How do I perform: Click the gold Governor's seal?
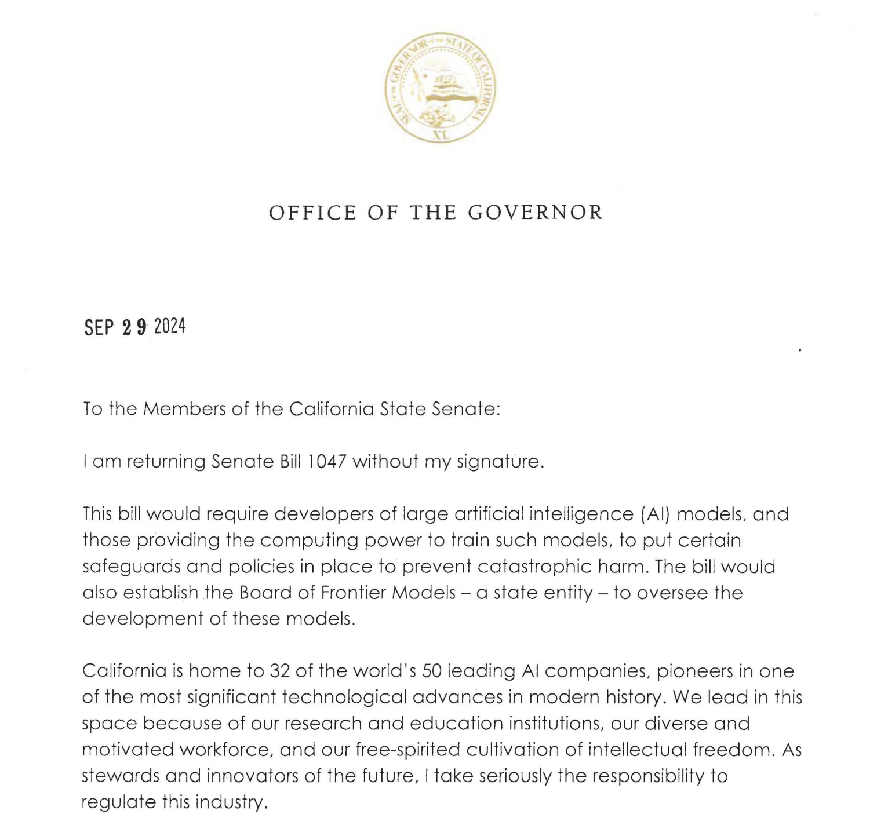tap(441, 87)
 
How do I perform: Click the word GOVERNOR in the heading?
tap(536, 213)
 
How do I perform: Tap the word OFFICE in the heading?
tap(313, 213)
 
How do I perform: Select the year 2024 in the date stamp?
tap(170, 327)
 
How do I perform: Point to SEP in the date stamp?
tap(99, 328)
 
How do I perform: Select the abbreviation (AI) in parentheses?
tap(656, 514)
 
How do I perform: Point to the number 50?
tap(432, 671)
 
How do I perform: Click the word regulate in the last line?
tap(118, 802)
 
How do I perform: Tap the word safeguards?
tap(131, 567)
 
